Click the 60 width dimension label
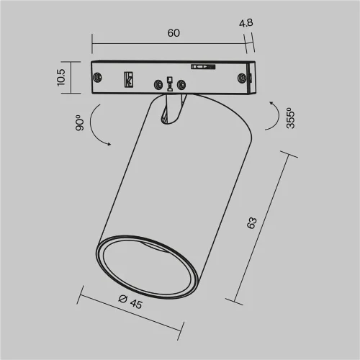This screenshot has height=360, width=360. (173, 33)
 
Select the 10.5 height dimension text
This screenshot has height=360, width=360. (62, 77)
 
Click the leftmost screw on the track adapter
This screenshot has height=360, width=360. (98, 79)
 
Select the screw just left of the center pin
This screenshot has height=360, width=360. (156, 86)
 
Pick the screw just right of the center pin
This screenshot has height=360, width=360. (181, 86)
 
